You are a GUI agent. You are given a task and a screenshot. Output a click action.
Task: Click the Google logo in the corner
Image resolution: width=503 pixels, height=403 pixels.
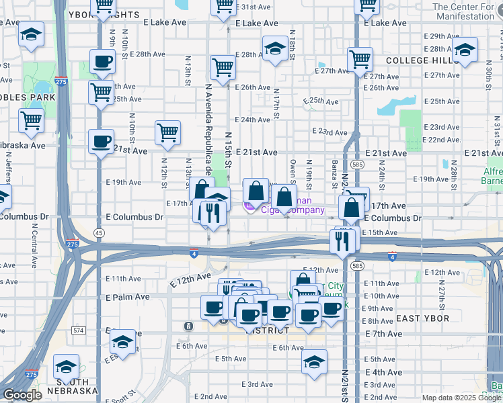coord(22,395)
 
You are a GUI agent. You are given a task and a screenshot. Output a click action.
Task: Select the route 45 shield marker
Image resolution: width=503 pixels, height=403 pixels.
coord(99,232)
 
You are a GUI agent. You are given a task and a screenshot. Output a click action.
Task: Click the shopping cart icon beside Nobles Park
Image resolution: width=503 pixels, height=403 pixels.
coord(32,121)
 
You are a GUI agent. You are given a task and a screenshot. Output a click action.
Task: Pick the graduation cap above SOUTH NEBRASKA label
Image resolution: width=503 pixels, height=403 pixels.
coord(66,367)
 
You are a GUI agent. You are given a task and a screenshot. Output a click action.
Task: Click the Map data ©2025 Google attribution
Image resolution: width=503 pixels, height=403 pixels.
coord(461,398)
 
